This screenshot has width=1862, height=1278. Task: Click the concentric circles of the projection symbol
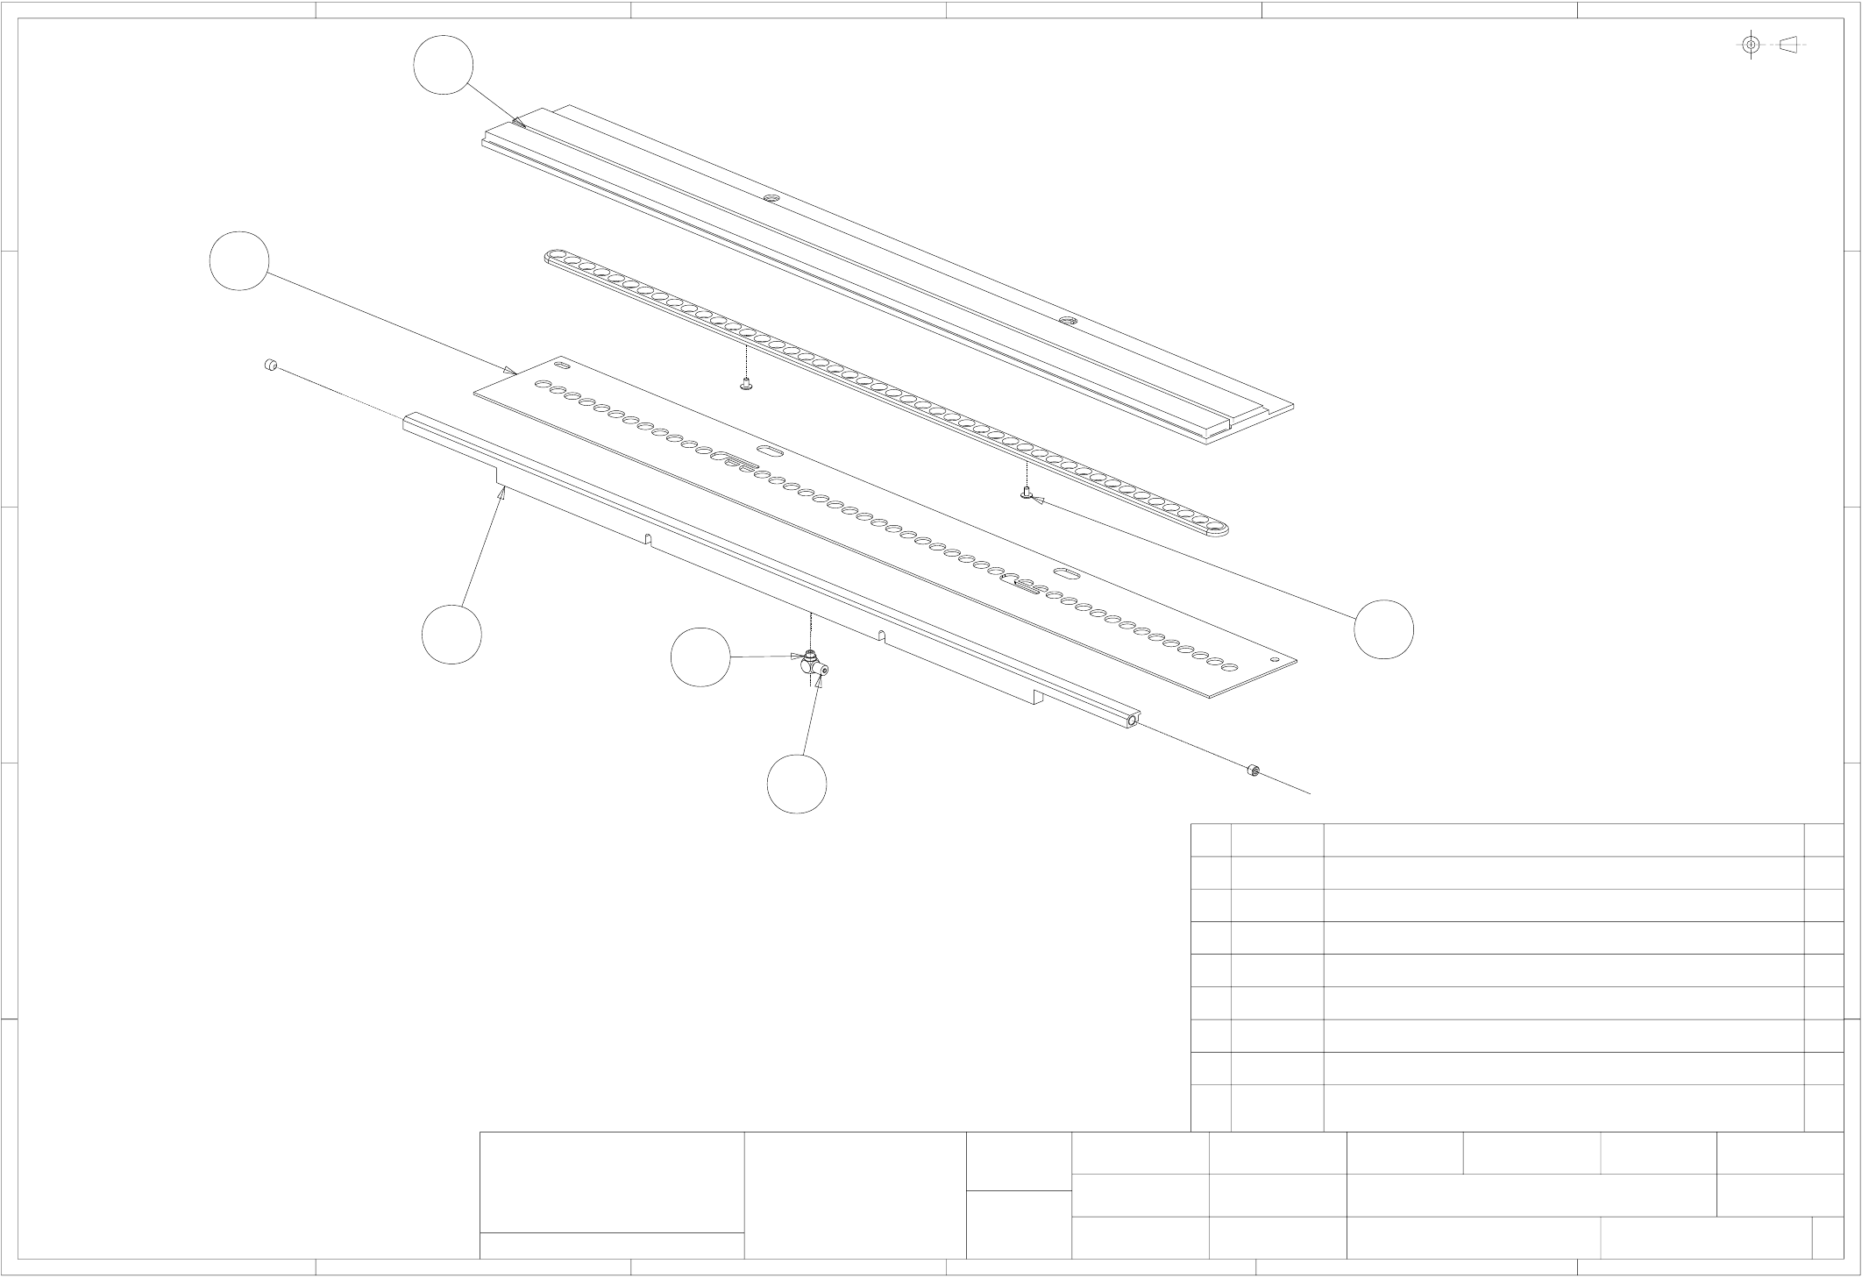1751,45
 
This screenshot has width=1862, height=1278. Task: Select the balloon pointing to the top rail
444,65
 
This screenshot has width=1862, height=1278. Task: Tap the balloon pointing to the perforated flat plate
239,261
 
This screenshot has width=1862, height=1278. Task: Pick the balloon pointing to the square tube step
451,634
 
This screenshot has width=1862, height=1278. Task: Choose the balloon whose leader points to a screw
1383,629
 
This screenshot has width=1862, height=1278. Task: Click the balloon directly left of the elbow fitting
700,657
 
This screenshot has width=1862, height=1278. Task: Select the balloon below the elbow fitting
797,784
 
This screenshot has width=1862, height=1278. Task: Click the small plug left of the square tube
272,365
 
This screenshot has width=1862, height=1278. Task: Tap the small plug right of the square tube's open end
1254,770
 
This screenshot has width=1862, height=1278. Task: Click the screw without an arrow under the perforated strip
746,383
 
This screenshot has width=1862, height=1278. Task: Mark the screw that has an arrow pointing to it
1026,494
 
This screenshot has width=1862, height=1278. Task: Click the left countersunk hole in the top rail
771,198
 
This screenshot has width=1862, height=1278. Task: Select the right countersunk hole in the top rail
1067,321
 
